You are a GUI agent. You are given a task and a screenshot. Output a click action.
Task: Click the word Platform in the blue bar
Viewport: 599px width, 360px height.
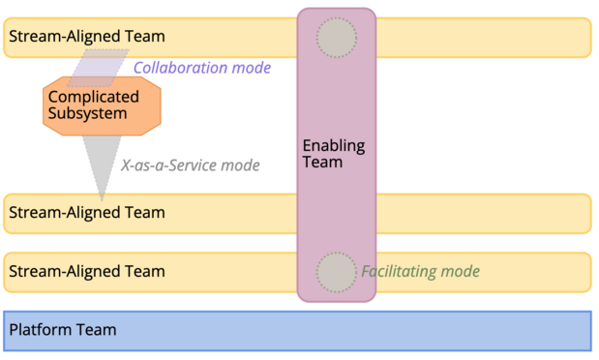point(41,330)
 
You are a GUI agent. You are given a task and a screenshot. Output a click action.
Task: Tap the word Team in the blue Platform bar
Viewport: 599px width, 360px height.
point(97,330)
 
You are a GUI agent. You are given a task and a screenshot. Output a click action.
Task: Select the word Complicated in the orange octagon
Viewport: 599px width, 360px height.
point(93,97)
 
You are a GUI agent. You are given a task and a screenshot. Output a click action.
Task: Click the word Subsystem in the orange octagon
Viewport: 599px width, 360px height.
point(87,114)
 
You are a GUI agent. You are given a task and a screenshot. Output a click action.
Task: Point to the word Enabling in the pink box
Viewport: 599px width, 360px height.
point(334,146)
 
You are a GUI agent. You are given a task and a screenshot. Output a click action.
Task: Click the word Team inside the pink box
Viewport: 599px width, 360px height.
point(323,163)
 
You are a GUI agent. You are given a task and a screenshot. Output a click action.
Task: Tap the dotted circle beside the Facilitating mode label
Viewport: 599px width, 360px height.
point(337,272)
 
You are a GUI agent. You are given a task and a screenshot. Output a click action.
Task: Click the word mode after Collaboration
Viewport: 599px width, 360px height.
point(252,68)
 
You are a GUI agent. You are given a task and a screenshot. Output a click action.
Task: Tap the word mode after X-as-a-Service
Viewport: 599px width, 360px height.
point(240,165)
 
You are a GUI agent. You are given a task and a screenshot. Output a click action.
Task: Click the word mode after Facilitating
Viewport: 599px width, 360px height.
point(460,272)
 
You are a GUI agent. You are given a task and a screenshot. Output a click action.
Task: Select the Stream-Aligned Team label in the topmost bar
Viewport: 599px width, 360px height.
point(87,37)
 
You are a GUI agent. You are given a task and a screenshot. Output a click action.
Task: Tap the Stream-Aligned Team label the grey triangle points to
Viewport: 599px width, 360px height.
point(87,212)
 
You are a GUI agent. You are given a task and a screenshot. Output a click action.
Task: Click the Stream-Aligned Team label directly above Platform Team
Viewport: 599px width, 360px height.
point(87,272)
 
